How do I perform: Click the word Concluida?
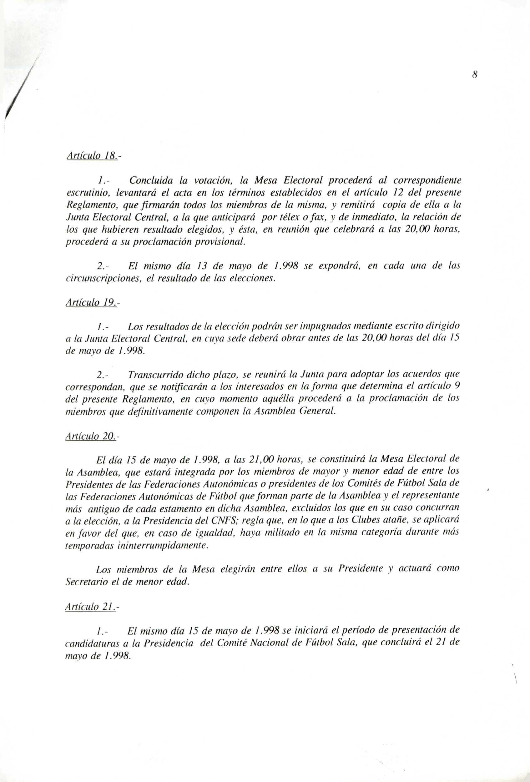(x=151, y=181)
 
